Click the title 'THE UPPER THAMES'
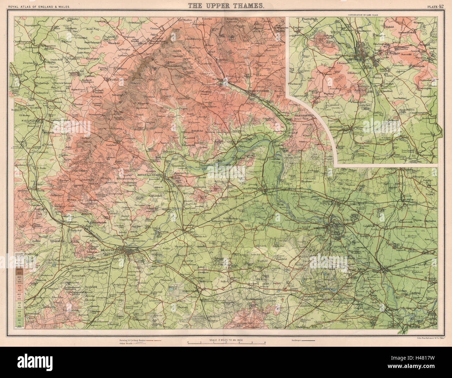point(226,6)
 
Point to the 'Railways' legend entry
point(294,341)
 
